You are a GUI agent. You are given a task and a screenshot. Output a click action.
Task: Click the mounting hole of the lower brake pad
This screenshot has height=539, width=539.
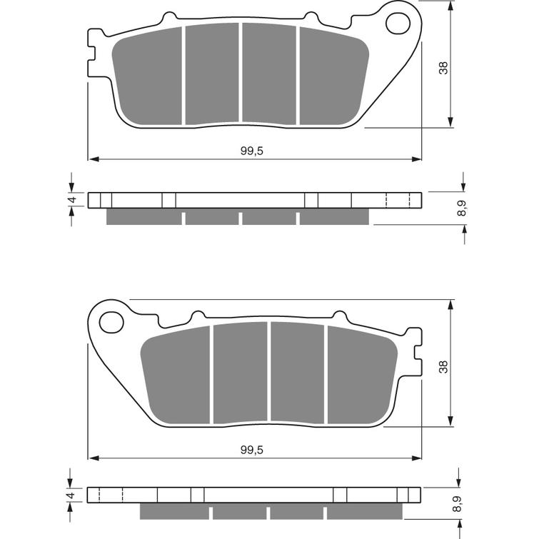coord(111,322)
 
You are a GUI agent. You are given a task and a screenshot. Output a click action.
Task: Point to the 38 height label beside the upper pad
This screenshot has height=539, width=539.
coord(443,69)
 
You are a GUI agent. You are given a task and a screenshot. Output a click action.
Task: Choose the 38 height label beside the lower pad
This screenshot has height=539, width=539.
coord(443,367)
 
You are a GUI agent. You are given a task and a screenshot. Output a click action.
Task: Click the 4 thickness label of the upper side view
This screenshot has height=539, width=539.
coord(71,201)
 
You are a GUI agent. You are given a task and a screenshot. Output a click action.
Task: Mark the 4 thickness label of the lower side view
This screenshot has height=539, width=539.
coord(71,495)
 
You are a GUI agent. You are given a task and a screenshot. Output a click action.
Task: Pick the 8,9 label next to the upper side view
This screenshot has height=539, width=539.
coord(463,208)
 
